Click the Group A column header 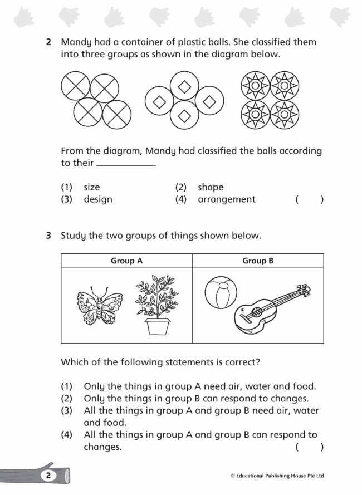coord(126,261)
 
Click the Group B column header coord(258,261)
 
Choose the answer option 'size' coord(92,187)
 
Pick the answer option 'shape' coord(211,187)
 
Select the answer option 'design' coord(98,199)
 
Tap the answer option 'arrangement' coord(227,199)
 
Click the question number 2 coord(49,42)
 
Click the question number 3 coord(49,236)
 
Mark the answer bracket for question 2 coord(309,199)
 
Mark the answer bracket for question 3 coord(309,447)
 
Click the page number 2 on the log coord(48,476)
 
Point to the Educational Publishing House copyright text coord(277,476)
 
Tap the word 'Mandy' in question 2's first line coord(76,42)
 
